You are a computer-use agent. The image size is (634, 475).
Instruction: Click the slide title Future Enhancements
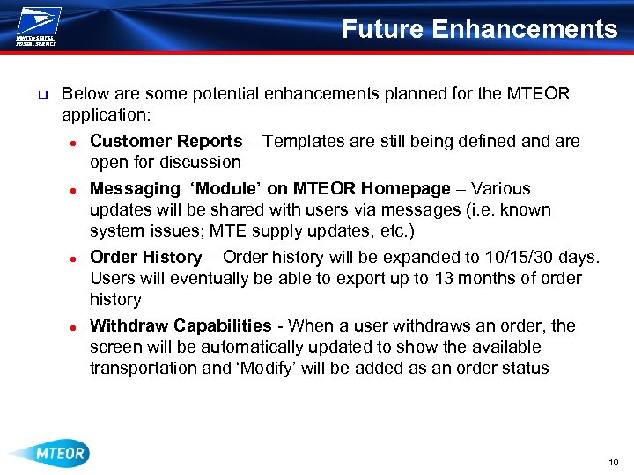click(479, 29)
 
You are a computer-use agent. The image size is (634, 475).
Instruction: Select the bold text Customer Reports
click(166, 142)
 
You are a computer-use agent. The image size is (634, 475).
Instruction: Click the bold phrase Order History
click(146, 257)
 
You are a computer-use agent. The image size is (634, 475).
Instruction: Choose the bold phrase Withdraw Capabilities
click(181, 325)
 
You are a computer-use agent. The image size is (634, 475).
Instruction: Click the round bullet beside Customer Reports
click(77, 142)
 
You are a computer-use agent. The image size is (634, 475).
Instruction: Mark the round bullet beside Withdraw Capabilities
click(77, 327)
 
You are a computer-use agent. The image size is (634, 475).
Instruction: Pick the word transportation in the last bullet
click(144, 369)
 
